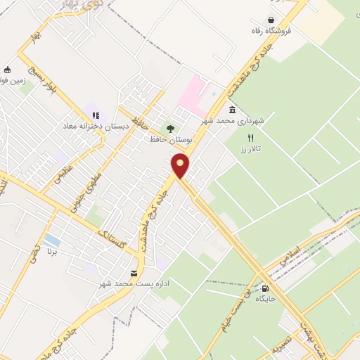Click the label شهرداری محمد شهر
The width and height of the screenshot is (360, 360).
[x=242, y=121]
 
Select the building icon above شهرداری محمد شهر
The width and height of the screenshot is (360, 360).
[x=231, y=110]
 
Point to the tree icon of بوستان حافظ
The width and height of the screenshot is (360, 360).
[x=169, y=128]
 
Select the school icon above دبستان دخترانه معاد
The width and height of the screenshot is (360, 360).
[x=96, y=115]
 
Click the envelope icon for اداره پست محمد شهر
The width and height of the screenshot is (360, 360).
[x=134, y=274]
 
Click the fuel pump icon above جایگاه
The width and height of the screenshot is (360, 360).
[x=265, y=288]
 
